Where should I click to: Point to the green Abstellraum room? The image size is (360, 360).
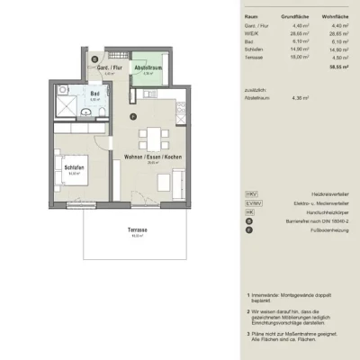[x=147, y=69]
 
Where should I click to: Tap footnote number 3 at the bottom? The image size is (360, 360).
[x=247, y=333]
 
